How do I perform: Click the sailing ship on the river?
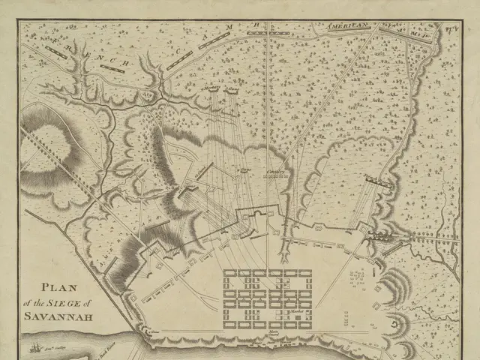pyautogui.click(x=34, y=347)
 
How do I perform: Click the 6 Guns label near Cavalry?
pyautogui.click(x=242, y=170)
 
